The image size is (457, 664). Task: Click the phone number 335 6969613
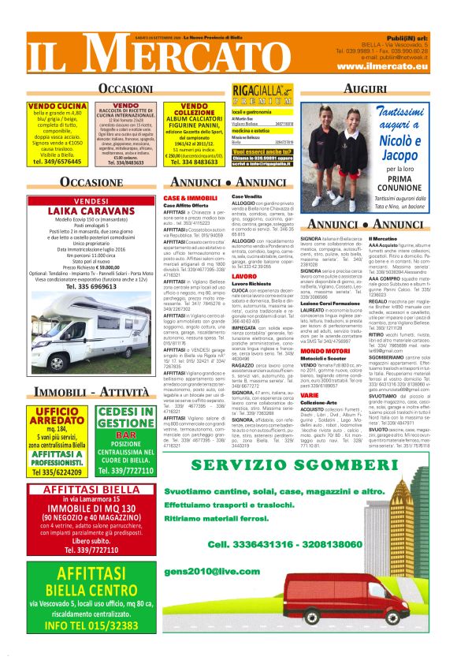point(91,286)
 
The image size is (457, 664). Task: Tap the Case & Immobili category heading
point(190,197)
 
